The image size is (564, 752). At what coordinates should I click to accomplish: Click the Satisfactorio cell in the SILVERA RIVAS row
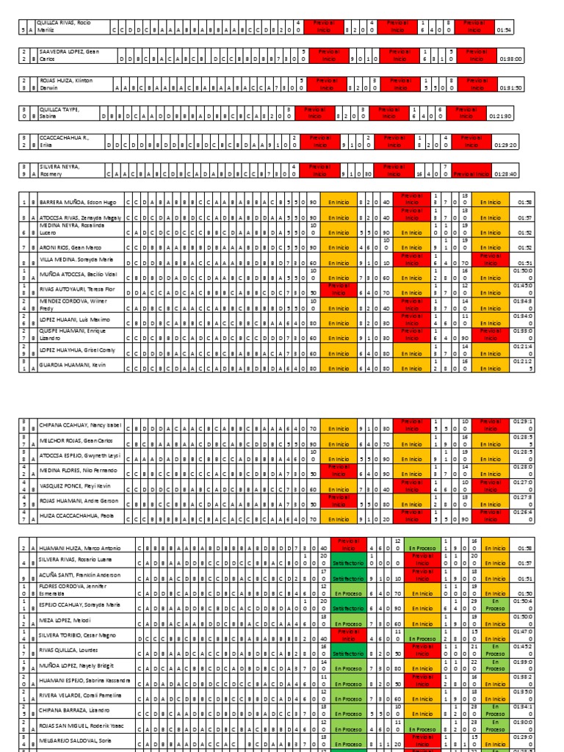tap(344, 563)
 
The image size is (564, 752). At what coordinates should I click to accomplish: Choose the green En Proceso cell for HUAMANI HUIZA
tap(422, 548)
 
